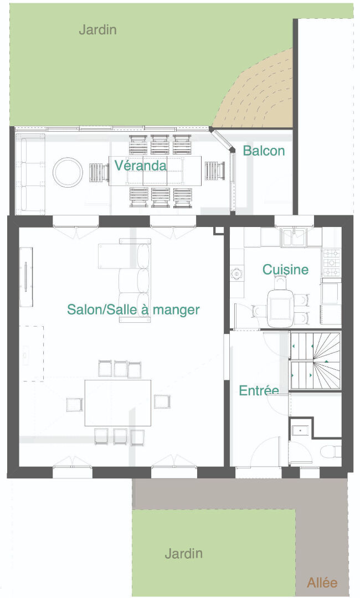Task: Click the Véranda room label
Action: [140, 165]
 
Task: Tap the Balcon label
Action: [264, 151]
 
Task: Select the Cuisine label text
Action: [285, 269]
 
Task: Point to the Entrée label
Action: [259, 390]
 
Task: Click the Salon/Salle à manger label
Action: [133, 310]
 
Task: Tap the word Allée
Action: [322, 582]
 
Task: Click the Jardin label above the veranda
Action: [97, 30]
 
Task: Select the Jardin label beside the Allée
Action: [183, 553]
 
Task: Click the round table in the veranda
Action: [68, 172]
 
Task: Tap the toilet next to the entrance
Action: [330, 452]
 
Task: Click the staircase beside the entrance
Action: [315, 361]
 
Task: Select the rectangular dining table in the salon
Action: [118, 403]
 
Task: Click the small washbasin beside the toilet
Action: [301, 430]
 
